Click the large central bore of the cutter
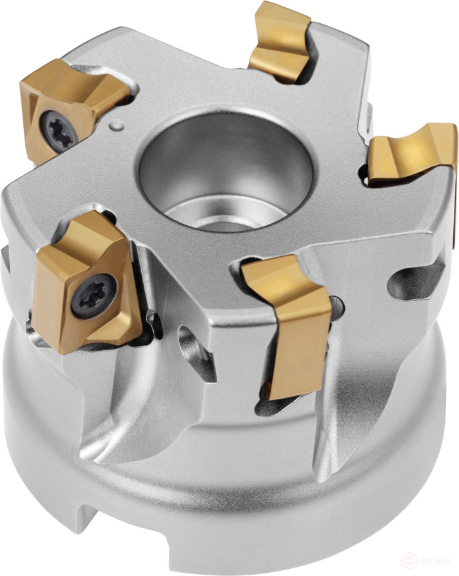(226, 168)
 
